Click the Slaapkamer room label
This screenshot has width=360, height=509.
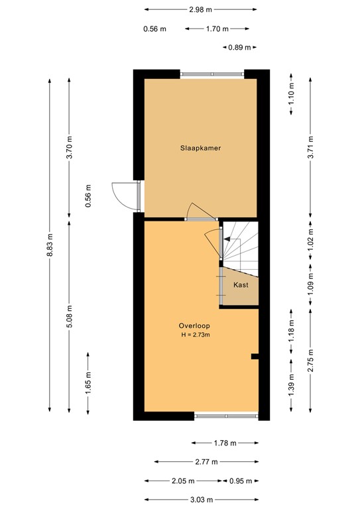pos(200,148)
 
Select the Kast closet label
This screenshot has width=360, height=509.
pos(241,284)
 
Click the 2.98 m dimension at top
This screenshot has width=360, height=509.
pos(200,9)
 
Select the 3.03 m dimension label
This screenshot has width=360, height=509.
pos(200,500)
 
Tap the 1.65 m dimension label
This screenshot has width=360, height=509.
pos(88,383)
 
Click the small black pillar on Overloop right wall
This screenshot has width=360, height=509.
pos(254,357)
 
